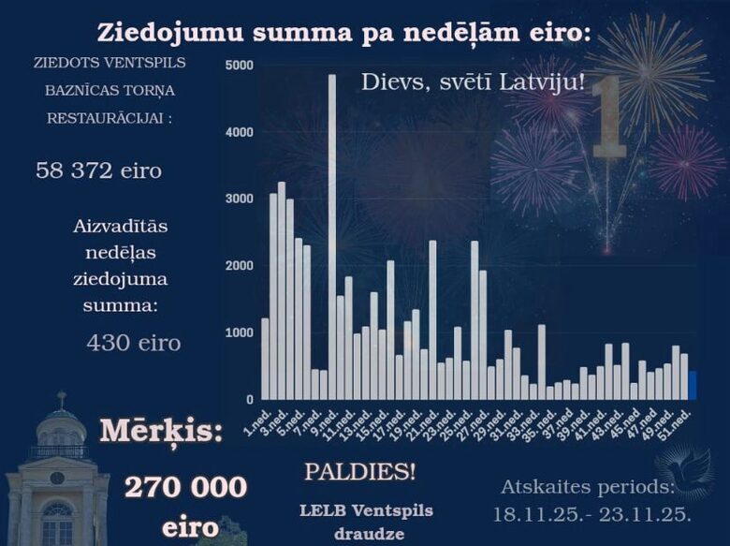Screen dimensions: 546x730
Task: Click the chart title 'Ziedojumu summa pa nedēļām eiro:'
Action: click(344, 33)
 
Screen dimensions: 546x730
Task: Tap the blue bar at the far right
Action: click(692, 385)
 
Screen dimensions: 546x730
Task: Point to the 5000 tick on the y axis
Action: click(240, 66)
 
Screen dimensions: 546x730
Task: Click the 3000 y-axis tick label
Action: click(240, 199)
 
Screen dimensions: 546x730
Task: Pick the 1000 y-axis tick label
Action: click(240, 333)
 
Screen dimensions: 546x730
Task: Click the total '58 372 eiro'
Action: click(98, 170)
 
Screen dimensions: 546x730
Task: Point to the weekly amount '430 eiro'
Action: click(133, 343)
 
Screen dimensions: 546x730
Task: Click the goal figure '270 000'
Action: click(185, 487)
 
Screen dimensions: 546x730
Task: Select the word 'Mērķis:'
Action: click(162, 432)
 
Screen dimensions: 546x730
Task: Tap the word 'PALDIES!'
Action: click(359, 471)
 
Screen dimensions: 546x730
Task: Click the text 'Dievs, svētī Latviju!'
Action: click(473, 82)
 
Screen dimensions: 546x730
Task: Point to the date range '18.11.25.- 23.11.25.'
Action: click(592, 514)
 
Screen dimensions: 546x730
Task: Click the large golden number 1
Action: click(609, 117)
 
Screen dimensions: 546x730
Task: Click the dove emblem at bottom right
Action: click(684, 468)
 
